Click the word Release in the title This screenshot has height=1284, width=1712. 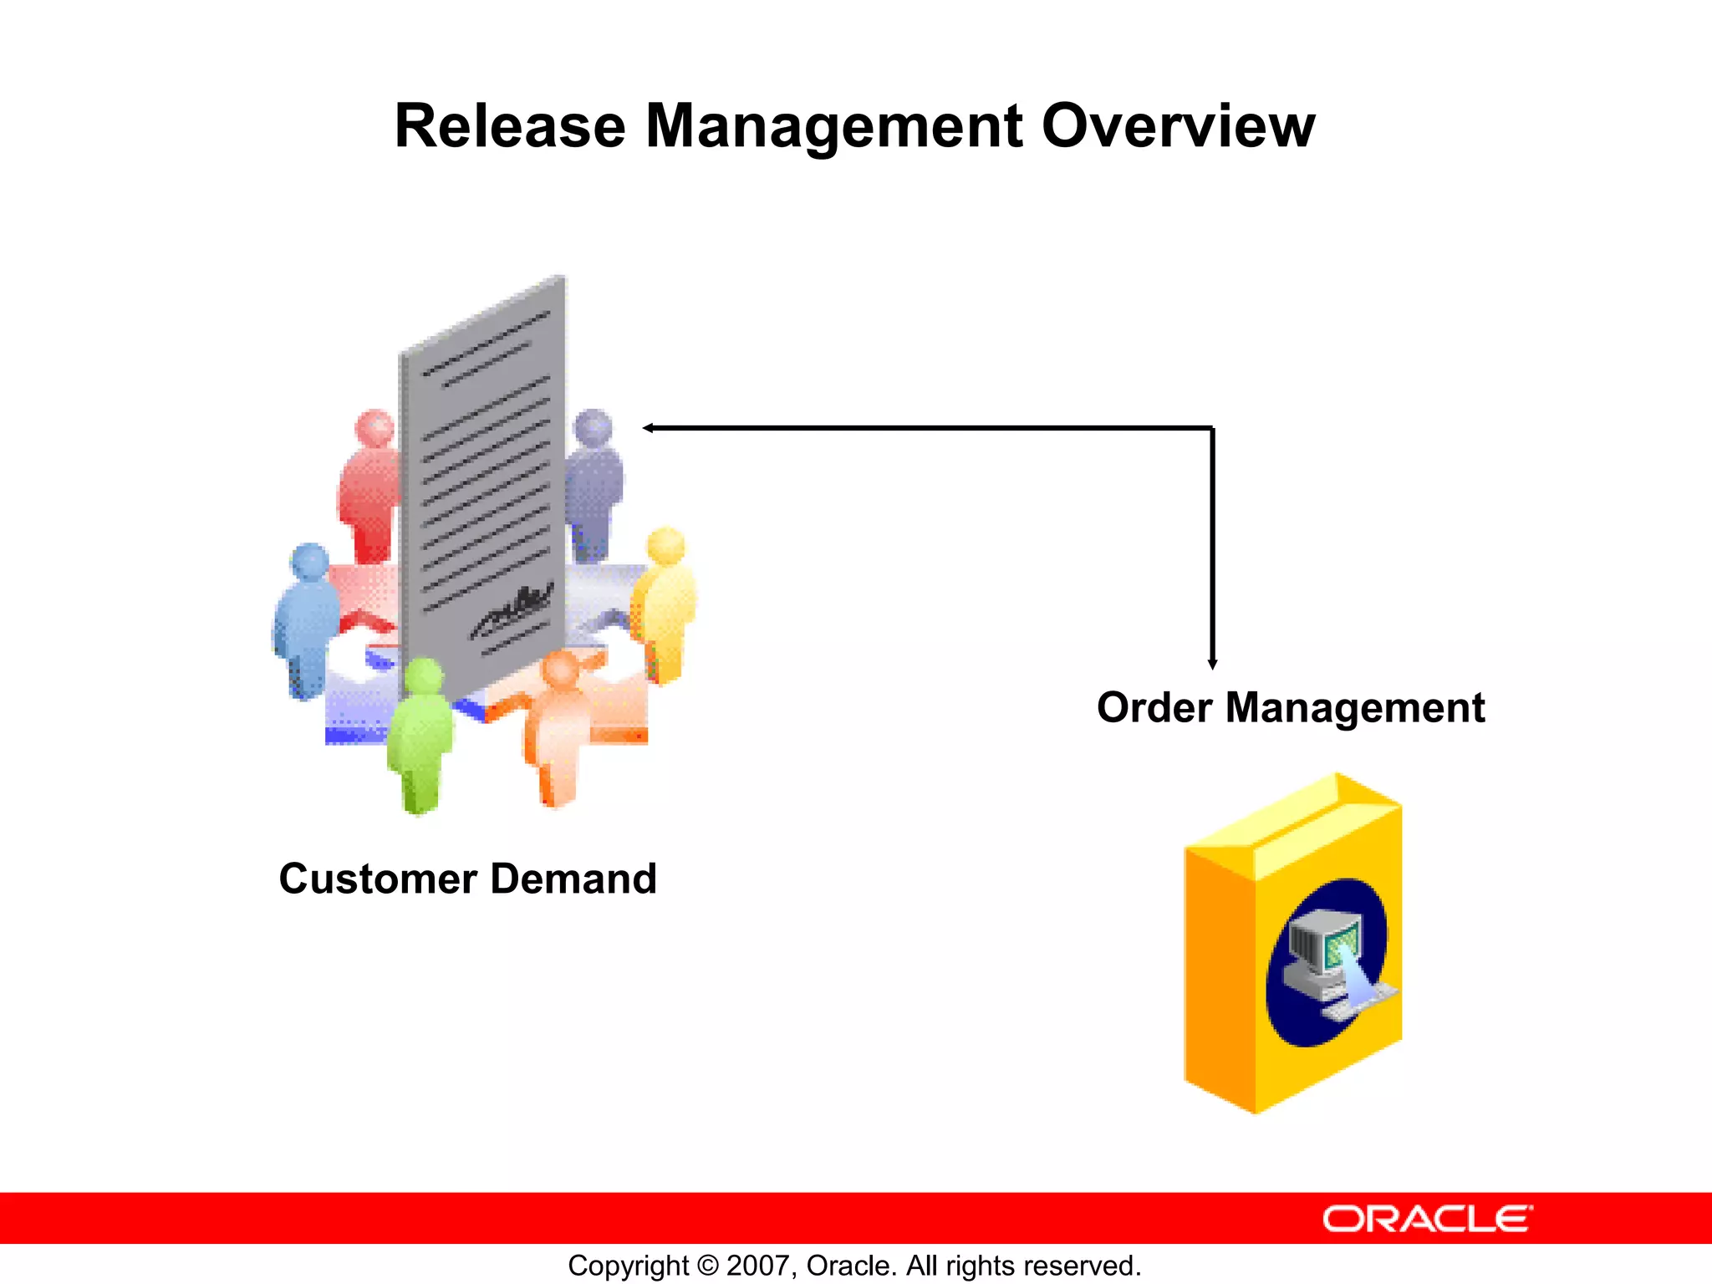(x=510, y=127)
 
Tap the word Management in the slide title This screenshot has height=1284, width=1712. (x=833, y=127)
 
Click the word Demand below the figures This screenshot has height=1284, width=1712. (x=573, y=879)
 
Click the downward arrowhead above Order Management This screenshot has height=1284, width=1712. (x=1212, y=664)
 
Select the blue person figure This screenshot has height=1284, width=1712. (x=307, y=619)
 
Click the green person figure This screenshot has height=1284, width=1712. (x=420, y=736)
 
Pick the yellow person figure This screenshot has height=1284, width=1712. (x=665, y=602)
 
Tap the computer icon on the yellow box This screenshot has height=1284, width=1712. (x=1329, y=961)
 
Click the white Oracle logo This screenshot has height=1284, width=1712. (x=1427, y=1219)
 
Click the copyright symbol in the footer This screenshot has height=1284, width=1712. (x=707, y=1266)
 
